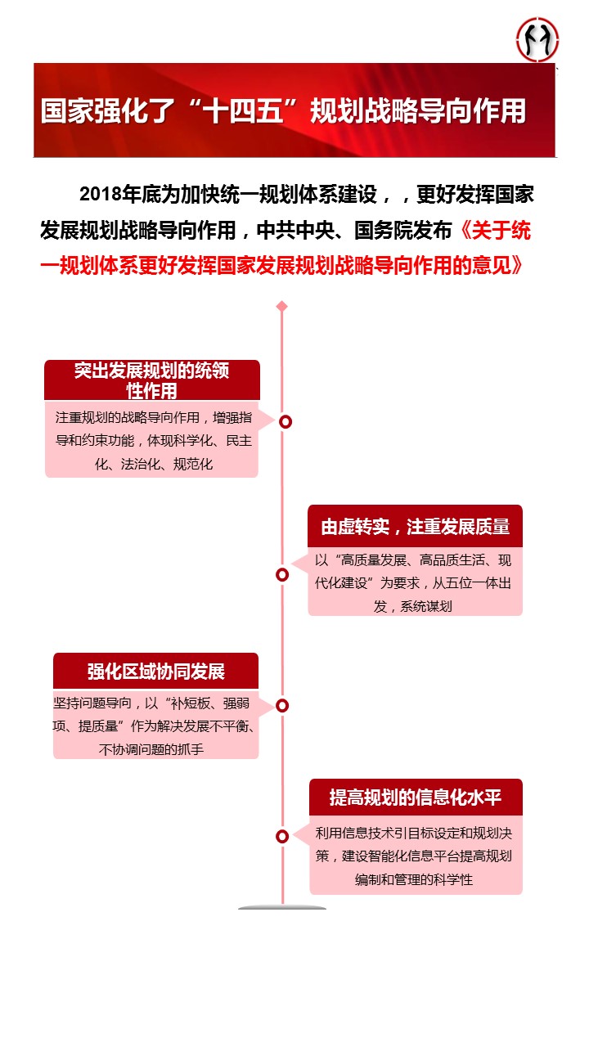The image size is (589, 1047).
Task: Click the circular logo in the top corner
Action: click(x=537, y=40)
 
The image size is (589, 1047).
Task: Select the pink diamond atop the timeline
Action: click(x=282, y=307)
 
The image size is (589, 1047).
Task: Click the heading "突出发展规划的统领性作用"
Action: click(x=152, y=380)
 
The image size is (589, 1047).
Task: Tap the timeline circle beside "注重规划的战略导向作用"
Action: click(x=286, y=421)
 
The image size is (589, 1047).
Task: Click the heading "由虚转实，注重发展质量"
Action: click(x=415, y=527)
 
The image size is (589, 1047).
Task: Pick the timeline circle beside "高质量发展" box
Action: click(x=282, y=575)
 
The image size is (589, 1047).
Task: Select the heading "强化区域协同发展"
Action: click(x=156, y=672)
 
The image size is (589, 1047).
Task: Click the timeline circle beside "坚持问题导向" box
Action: click(x=282, y=706)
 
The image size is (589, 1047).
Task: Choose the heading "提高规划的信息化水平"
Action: click(x=415, y=798)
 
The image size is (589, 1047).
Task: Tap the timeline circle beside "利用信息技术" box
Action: click(x=282, y=837)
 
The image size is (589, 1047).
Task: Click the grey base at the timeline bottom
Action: click(x=282, y=908)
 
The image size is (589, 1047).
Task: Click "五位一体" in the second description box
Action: click(x=472, y=583)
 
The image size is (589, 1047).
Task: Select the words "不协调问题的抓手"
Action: click(x=151, y=750)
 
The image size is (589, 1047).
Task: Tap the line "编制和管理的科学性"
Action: click(x=414, y=879)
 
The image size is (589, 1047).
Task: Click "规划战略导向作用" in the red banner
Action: click(x=418, y=111)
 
